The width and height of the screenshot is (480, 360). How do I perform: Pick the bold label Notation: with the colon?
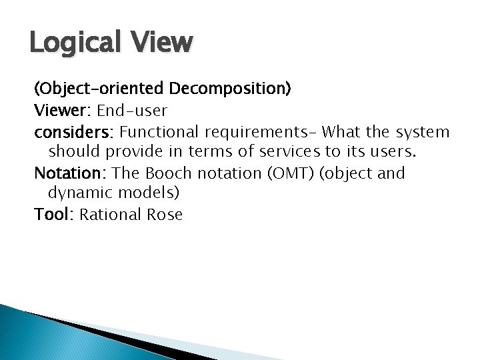[71, 173]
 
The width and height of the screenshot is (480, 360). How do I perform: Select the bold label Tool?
[55, 215]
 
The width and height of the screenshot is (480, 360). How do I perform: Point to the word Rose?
[163, 215]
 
